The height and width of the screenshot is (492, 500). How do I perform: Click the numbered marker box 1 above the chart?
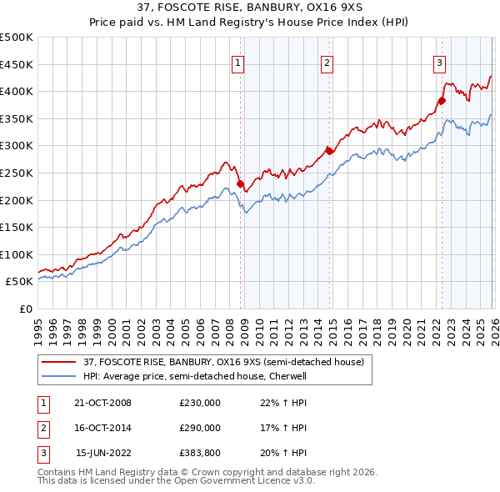tap(238, 63)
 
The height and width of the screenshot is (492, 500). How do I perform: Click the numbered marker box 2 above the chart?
tap(327, 63)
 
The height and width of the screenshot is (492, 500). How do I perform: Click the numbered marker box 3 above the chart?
tap(439, 63)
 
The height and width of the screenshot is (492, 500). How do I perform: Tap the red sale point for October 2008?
tap(241, 183)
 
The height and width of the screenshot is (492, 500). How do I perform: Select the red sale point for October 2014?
tap(329, 151)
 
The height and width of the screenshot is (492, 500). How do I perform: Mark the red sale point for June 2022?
tap(442, 101)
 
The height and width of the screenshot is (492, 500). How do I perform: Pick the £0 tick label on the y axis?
tap(26, 309)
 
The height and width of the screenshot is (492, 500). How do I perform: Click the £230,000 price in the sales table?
tap(200, 403)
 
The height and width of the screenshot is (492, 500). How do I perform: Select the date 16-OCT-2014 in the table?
tap(102, 428)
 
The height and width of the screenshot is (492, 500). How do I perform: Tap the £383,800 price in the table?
tap(200, 453)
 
